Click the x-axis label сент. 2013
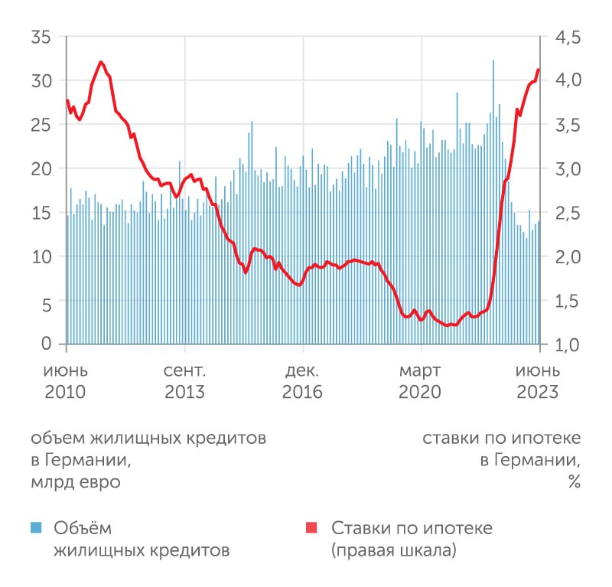point(184,382)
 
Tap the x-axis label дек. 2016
point(303,382)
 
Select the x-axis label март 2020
point(420,382)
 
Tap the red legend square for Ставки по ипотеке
point(311,527)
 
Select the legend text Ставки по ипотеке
point(412,528)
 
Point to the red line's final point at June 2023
point(539,70)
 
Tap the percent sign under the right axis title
point(573,483)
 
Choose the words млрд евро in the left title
point(76,483)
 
